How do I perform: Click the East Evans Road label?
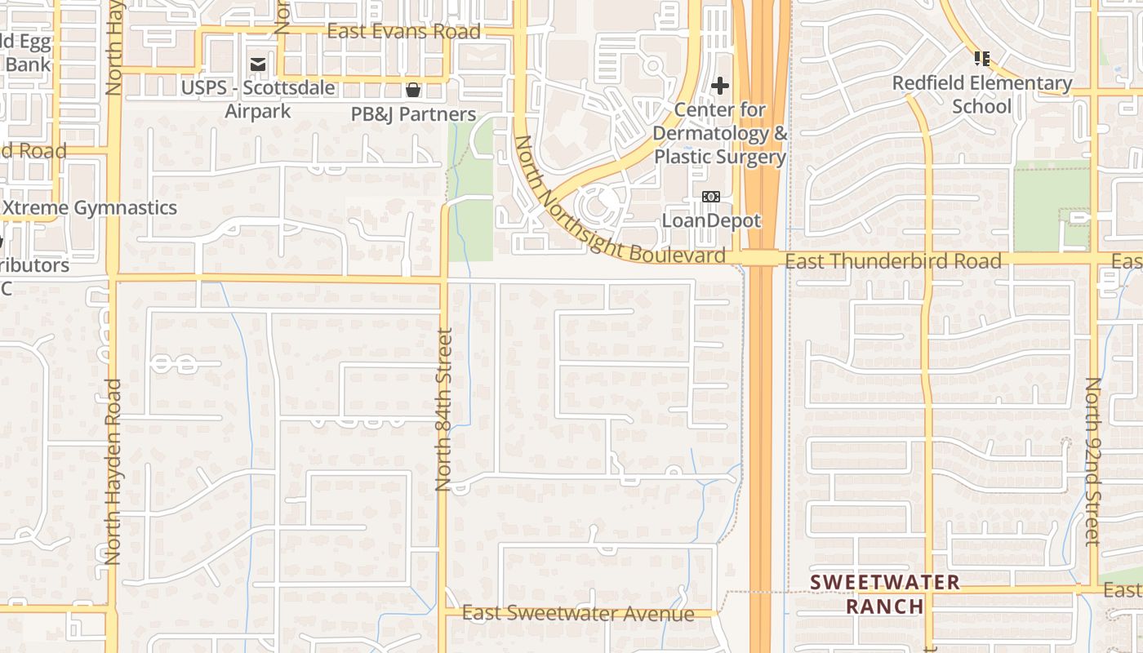pos(403,32)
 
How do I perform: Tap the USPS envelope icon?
pos(258,64)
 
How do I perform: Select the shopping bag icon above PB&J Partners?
pos(413,89)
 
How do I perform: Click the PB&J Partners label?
pos(413,114)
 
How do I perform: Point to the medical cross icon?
pos(720,85)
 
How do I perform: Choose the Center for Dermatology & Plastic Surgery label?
pos(721,133)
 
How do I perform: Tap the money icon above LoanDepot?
pos(711,197)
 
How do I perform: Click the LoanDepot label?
pos(711,220)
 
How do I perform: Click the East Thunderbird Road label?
pos(892,261)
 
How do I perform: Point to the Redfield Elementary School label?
pos(982,95)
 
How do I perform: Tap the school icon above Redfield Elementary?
pos(982,59)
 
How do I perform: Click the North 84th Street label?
pos(444,409)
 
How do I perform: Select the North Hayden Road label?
pos(113,471)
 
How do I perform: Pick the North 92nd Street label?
pos(1093,460)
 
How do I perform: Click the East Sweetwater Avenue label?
pos(578,613)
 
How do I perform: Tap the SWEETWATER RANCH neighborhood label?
pos(885,594)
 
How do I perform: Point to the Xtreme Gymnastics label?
pos(90,208)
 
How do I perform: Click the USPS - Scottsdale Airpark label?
pos(258,99)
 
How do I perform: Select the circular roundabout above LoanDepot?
pos(598,204)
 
